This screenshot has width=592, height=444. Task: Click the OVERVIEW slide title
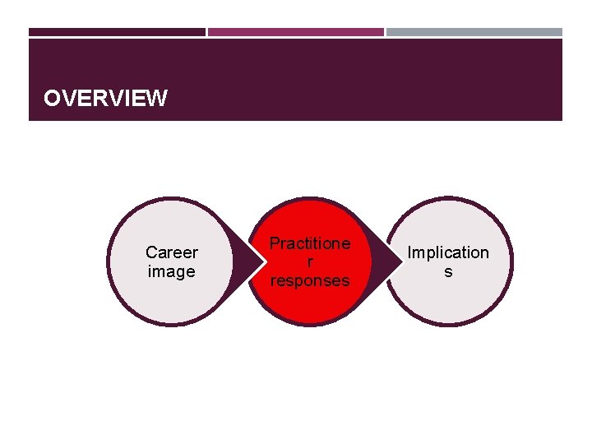105,99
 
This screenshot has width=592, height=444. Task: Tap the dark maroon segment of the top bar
117,32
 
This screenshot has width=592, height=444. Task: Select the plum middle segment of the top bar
295,32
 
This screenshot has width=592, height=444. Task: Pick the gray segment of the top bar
474,32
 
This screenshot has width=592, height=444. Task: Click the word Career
171,252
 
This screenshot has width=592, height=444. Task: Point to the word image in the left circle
171,271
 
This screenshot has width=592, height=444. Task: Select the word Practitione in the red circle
310,243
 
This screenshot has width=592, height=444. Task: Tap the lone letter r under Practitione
310,262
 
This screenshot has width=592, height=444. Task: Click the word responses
310,280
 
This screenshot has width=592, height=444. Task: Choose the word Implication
448,252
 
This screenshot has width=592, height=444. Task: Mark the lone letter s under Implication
448,271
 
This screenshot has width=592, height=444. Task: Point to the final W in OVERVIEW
158,99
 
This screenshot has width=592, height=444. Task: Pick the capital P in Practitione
275,243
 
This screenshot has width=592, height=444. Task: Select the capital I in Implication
410,252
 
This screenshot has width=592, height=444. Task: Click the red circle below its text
310,306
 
